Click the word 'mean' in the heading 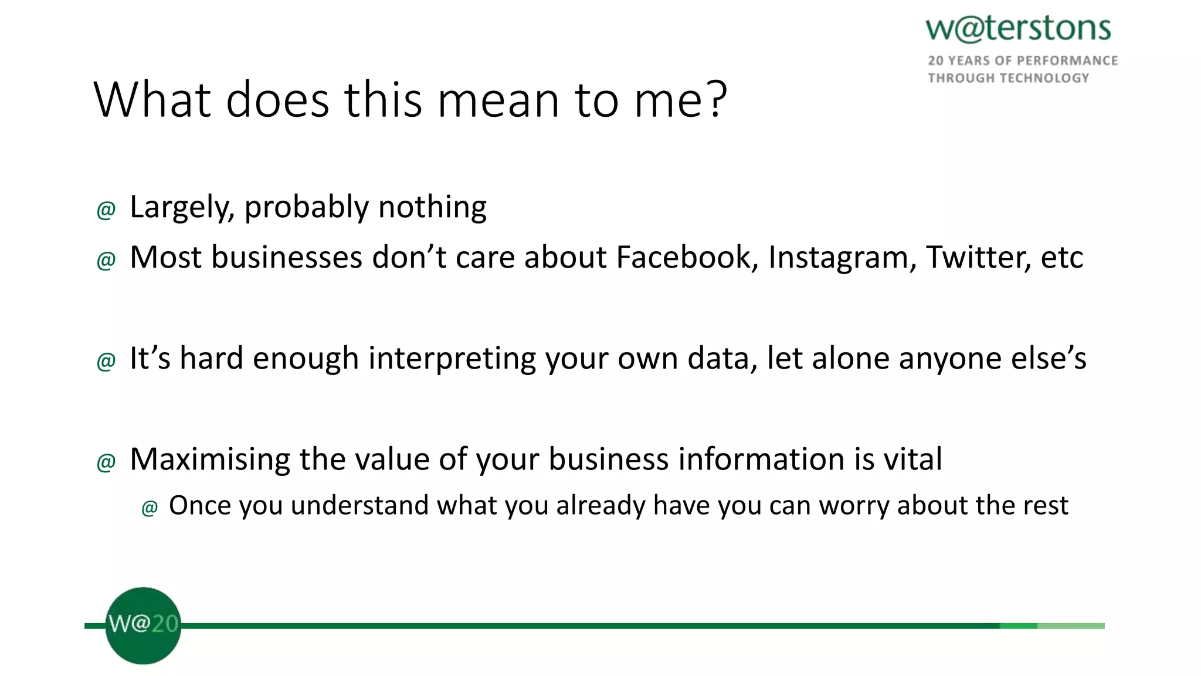[498, 101]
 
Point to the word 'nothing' [432, 208]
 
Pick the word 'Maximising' [209, 459]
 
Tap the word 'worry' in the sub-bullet [854, 506]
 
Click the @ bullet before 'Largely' [106, 210]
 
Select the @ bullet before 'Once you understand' [150, 508]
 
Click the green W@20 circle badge [143, 626]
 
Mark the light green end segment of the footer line [1071, 626]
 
